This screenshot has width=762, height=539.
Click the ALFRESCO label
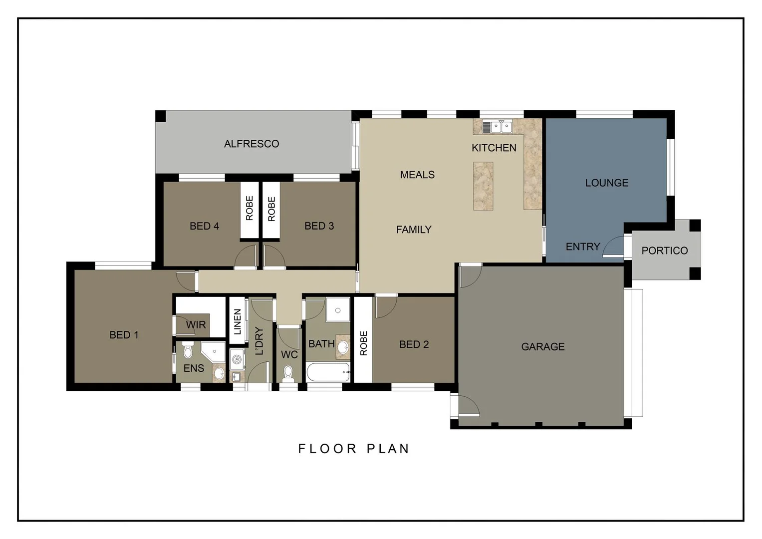coord(251,144)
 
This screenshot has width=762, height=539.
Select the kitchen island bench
coord(483,186)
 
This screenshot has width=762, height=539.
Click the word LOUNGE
coord(606,183)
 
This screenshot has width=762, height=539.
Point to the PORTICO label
coord(664,251)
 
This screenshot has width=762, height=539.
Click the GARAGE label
coord(542,346)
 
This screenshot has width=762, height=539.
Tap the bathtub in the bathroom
coord(327,372)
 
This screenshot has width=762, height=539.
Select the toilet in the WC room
coord(288,373)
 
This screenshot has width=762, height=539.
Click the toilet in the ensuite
coord(188,351)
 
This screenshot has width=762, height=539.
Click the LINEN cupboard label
coord(238,321)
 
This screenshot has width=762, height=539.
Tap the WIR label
coord(196,325)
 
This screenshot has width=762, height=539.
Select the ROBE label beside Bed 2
coord(363,343)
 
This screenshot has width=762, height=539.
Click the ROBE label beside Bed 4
coord(250,208)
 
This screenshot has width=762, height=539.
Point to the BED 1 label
coord(124,335)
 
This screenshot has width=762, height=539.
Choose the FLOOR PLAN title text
coord(353,449)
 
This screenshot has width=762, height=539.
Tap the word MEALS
coord(417,175)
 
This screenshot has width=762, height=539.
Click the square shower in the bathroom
coord(338,310)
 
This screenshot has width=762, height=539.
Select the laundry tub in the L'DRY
coord(237,359)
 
